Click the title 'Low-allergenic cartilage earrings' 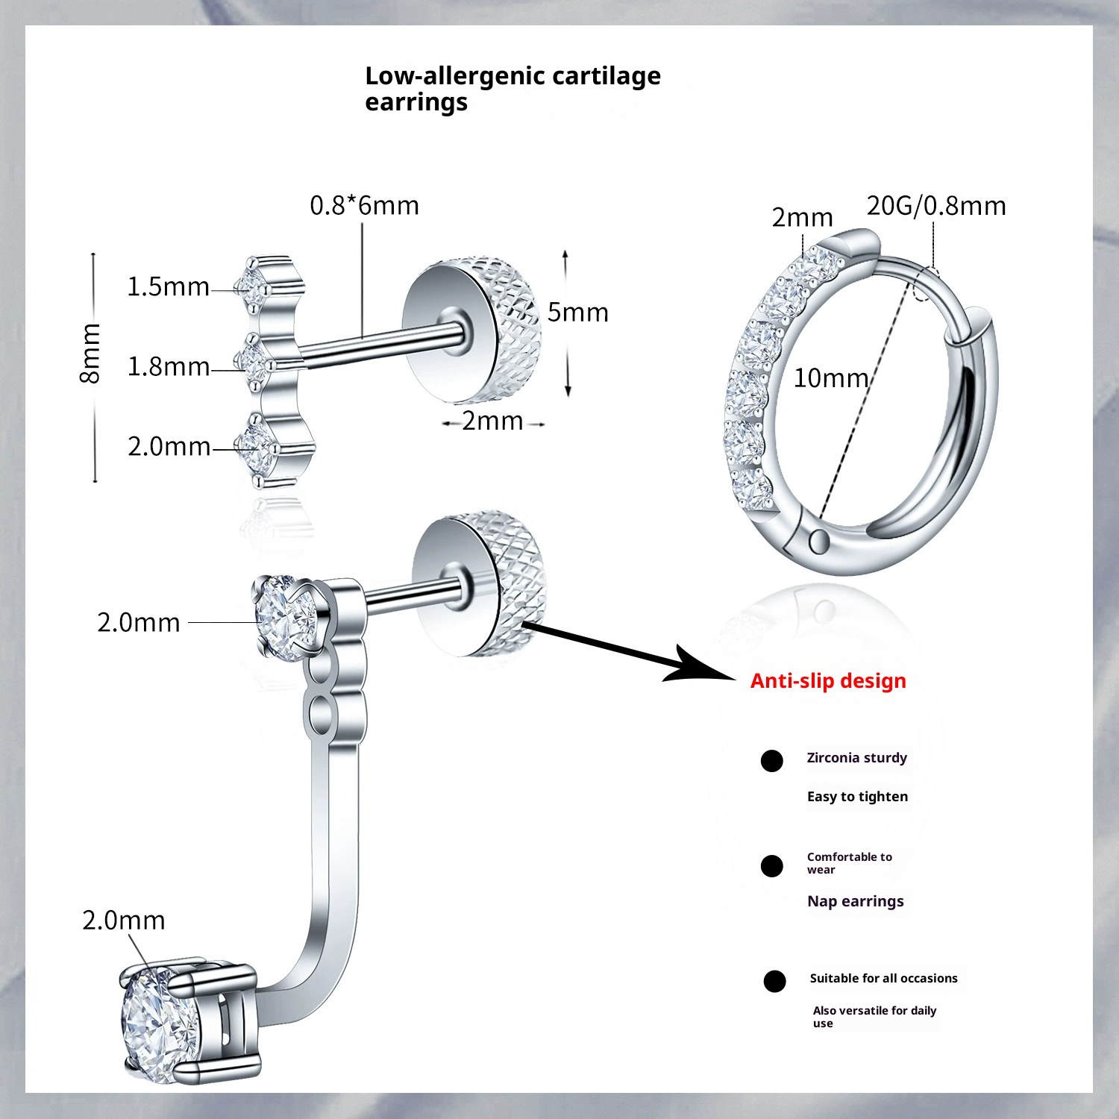[x=512, y=88]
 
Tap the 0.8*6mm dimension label [x=364, y=205]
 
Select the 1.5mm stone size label [x=168, y=286]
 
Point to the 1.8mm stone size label [x=168, y=366]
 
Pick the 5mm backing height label [x=577, y=312]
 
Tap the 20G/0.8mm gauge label [x=935, y=205]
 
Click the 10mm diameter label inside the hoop [x=830, y=378]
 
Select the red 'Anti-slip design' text [x=828, y=680]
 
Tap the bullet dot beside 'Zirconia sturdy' [x=771, y=761]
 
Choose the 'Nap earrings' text [x=855, y=901]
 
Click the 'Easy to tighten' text [x=857, y=797]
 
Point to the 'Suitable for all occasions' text [x=883, y=978]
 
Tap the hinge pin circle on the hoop [x=818, y=541]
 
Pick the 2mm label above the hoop [x=802, y=217]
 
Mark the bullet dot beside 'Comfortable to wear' [x=771, y=866]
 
